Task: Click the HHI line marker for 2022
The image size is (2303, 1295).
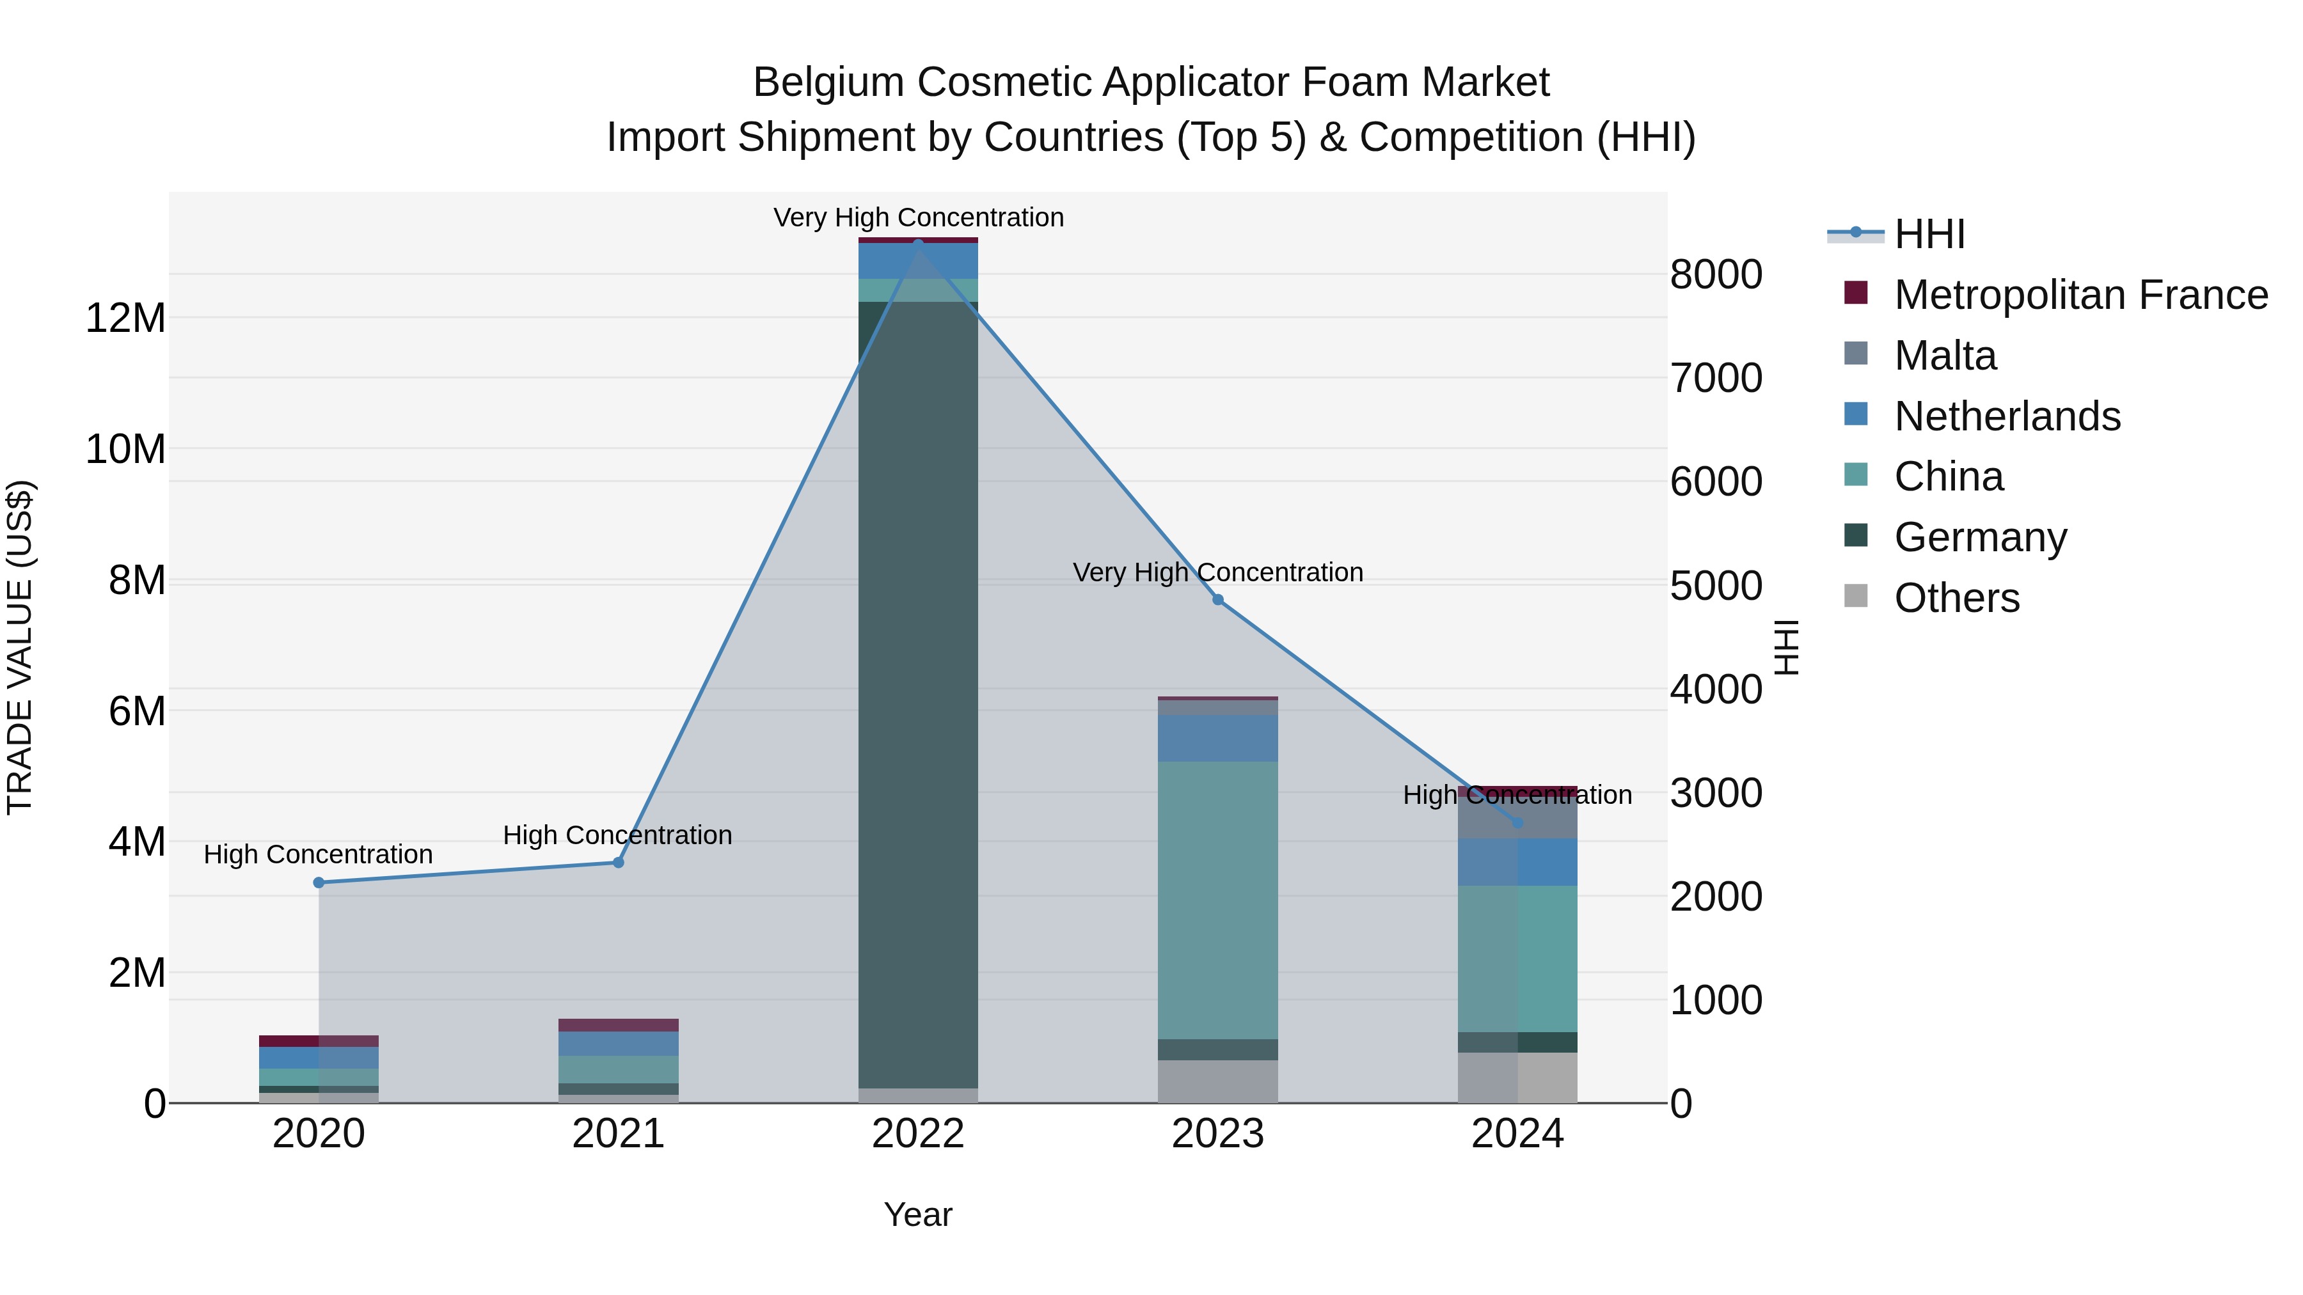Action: pos(918,243)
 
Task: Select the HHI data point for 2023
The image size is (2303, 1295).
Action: pos(1217,600)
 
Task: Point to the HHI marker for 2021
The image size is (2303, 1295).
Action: pos(618,863)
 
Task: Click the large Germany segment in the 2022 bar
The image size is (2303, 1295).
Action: pos(918,697)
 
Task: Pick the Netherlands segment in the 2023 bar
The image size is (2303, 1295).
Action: pos(1217,737)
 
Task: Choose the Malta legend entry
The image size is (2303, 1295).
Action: pos(1945,356)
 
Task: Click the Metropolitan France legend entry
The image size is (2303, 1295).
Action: pos(2080,295)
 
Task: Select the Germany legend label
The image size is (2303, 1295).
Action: pos(1980,537)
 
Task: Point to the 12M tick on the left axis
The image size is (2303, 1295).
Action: pos(125,318)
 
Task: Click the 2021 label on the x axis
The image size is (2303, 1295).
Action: pos(618,1134)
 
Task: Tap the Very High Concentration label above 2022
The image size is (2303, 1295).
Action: pos(918,217)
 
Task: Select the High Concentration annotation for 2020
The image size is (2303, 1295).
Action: pos(319,854)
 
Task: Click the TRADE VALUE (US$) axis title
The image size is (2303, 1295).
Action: pos(20,647)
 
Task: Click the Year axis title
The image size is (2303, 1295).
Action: pos(918,1214)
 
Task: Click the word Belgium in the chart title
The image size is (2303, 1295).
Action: pos(828,82)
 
